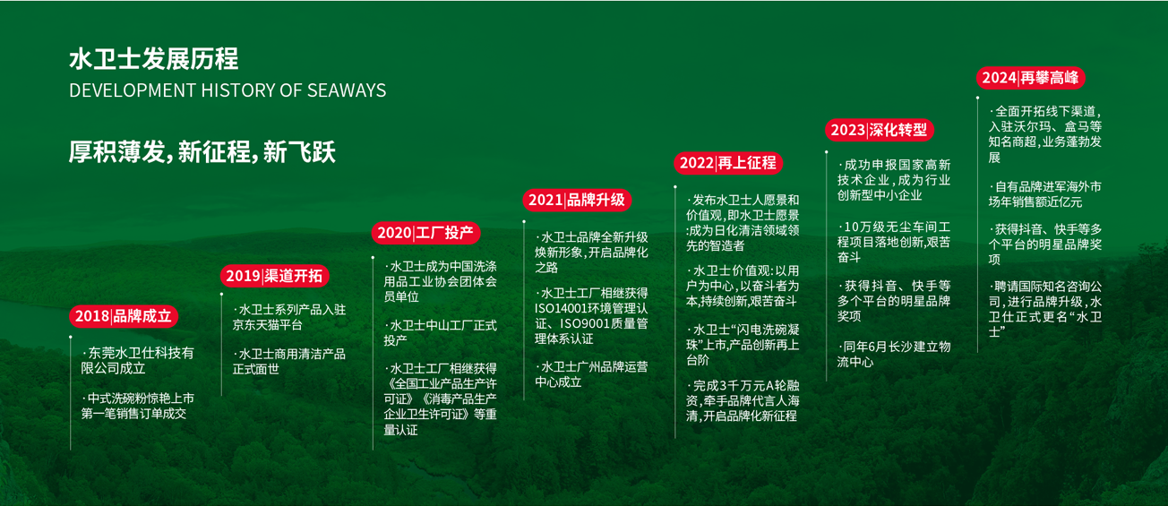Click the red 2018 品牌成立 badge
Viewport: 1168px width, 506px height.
pos(124,316)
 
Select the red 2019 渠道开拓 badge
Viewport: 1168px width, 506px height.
pos(275,276)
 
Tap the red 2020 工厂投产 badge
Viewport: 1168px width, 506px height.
pos(426,233)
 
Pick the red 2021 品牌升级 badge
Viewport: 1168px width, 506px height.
pos(577,200)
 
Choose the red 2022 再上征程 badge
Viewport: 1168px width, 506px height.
pos(728,163)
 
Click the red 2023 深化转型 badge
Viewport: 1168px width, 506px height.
pos(880,130)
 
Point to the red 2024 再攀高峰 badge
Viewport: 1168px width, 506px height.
pos(1031,78)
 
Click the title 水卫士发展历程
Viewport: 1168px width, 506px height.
pos(154,58)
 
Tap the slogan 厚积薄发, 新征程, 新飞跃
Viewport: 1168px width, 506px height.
pos(202,152)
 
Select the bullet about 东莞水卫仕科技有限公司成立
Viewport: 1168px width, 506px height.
pos(137,361)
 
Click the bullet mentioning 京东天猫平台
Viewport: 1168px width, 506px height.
pos(289,317)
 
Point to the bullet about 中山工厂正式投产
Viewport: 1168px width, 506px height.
pos(440,333)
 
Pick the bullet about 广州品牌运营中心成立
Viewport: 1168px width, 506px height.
pos(591,374)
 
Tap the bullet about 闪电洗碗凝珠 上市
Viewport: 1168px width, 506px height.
pos(743,345)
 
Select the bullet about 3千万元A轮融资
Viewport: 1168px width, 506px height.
pos(743,400)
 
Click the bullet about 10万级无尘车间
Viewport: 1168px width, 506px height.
pos(894,242)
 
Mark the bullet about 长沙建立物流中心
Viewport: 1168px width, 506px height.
pos(894,355)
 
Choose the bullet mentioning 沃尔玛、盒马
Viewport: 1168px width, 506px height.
pos(1045,134)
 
